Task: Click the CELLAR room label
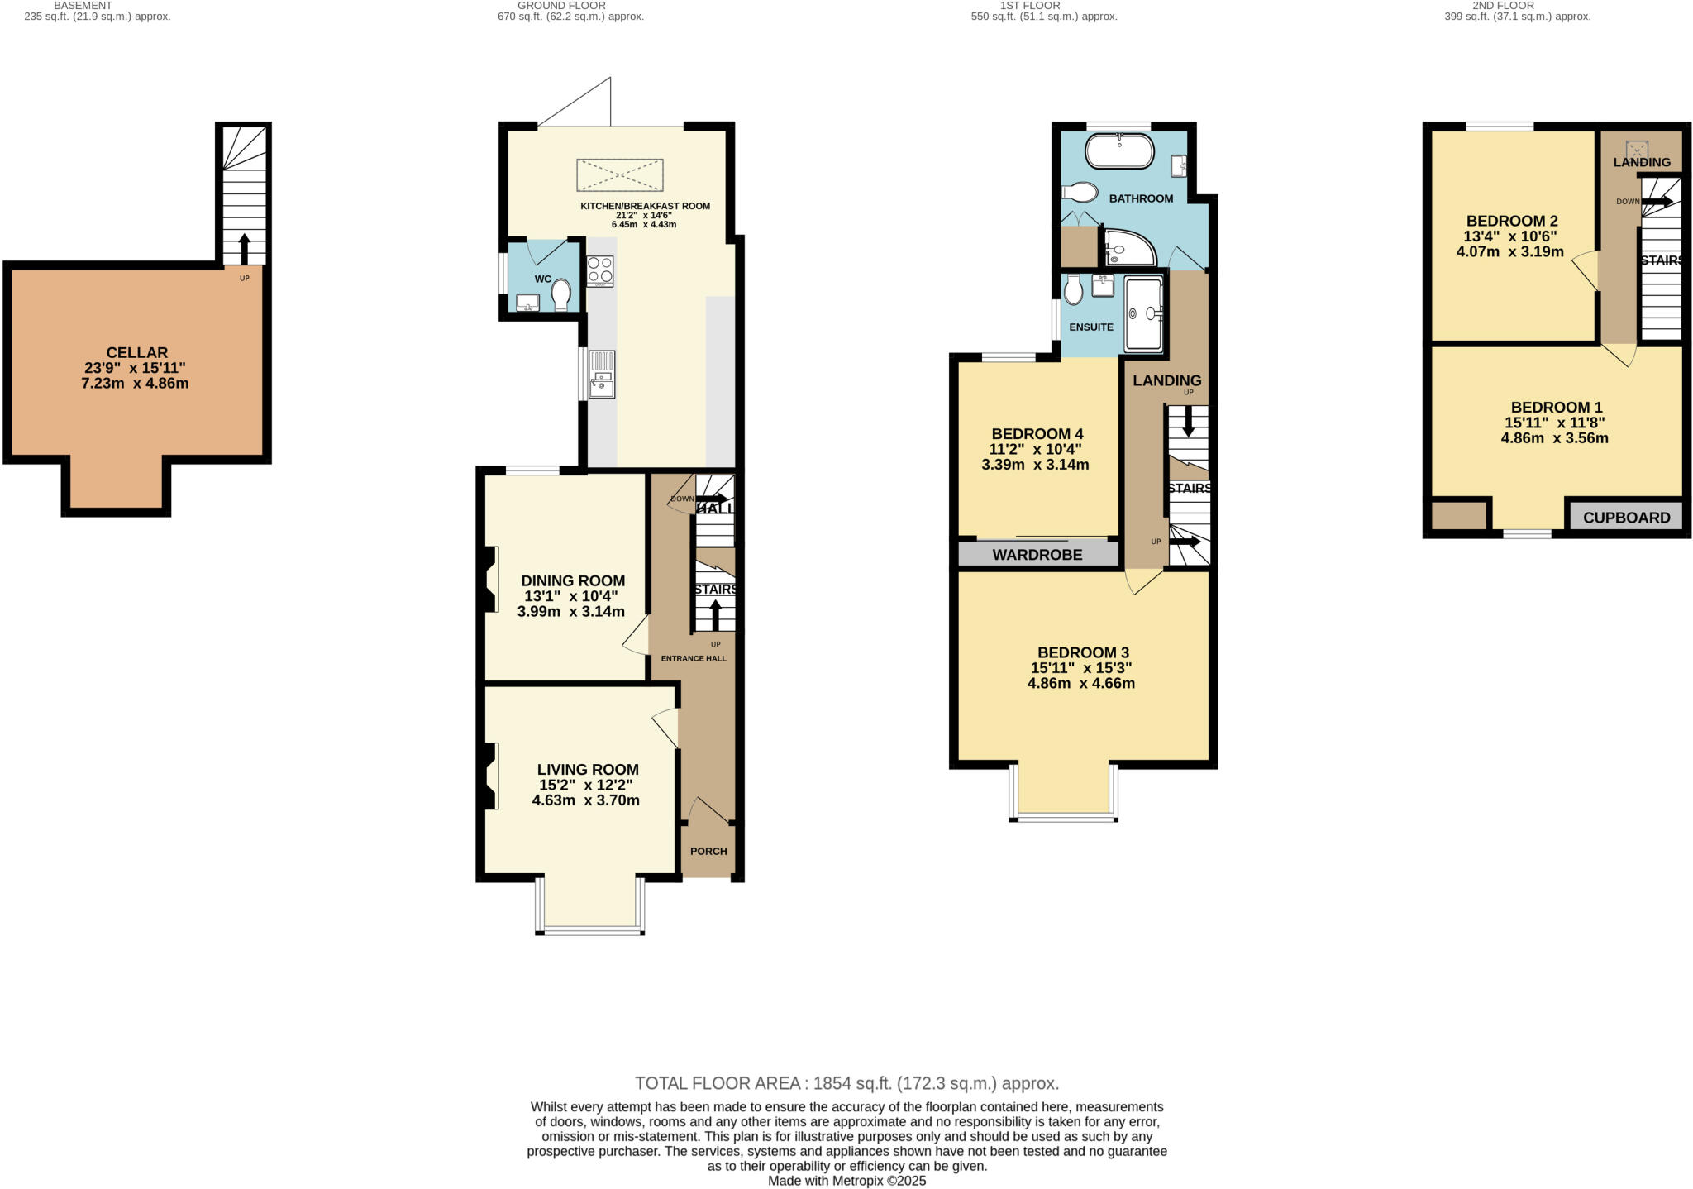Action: pyautogui.click(x=137, y=352)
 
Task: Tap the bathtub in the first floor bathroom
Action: pyautogui.click(x=1118, y=151)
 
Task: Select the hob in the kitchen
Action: pyautogui.click(x=600, y=270)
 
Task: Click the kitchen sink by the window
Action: pyautogui.click(x=602, y=374)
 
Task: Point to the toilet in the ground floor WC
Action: pyautogui.click(x=561, y=294)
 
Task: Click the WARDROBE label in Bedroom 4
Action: pyautogui.click(x=1037, y=555)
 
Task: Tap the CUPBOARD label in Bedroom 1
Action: pyautogui.click(x=1626, y=518)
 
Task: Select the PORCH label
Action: pyautogui.click(x=708, y=851)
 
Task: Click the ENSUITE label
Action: pyautogui.click(x=1090, y=327)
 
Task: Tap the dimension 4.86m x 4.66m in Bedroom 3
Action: pyautogui.click(x=1080, y=684)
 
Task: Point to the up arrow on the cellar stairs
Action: pyautogui.click(x=244, y=247)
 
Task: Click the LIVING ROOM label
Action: pyautogui.click(x=588, y=769)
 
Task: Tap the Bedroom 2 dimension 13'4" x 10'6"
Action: pyautogui.click(x=1511, y=236)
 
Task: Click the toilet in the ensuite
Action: pyautogui.click(x=1074, y=289)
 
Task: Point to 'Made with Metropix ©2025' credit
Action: pyautogui.click(x=846, y=1181)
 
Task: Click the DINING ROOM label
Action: pyautogui.click(x=572, y=580)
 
